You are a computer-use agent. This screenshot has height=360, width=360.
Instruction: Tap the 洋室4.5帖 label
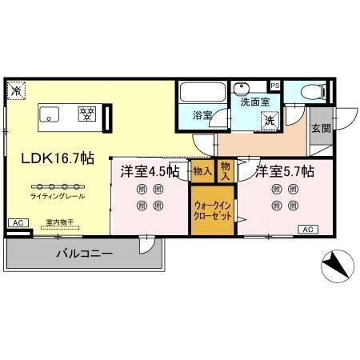coord(150,170)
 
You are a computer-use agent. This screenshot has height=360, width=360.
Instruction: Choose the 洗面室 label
coord(250,102)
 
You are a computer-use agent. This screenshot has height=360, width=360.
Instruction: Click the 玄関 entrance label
coord(321,128)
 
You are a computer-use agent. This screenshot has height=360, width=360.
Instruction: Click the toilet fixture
coord(312,93)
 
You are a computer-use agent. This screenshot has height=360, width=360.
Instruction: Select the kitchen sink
coord(50,114)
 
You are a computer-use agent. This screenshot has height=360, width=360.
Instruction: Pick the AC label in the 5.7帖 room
coord(307,230)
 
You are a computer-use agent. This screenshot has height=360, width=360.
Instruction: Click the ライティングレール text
coord(58,196)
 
